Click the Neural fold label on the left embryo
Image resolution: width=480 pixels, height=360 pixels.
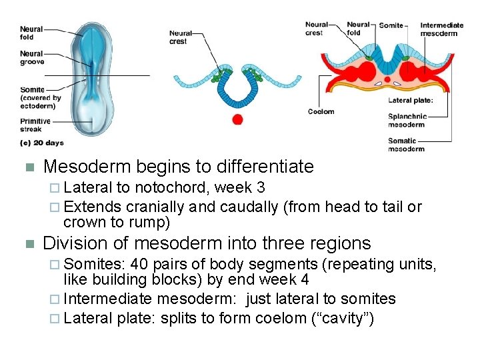tap(31, 33)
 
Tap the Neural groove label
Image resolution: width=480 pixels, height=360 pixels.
tap(32, 58)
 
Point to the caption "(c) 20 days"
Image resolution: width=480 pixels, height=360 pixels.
tap(43, 143)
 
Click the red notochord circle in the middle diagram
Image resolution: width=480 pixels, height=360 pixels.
tap(237, 119)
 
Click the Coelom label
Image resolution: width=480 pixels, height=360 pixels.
tap(321, 111)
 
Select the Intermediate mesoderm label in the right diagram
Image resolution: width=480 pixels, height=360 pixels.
tap(442, 29)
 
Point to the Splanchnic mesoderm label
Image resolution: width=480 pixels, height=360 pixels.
tap(406, 121)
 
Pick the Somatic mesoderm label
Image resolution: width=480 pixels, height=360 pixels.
tap(406, 145)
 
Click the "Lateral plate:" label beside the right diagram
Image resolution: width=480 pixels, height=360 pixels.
tap(411, 101)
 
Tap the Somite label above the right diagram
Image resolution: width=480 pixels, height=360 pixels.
tap(391, 25)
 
